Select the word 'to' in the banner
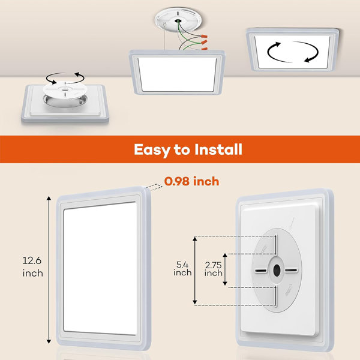[x=181, y=149]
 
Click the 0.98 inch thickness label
[x=192, y=181]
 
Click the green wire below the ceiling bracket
[x=191, y=43]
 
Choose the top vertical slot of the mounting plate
[x=277, y=245]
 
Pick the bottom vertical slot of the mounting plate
[x=277, y=295]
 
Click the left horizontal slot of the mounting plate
[x=259, y=270]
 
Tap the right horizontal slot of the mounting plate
[x=295, y=270]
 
